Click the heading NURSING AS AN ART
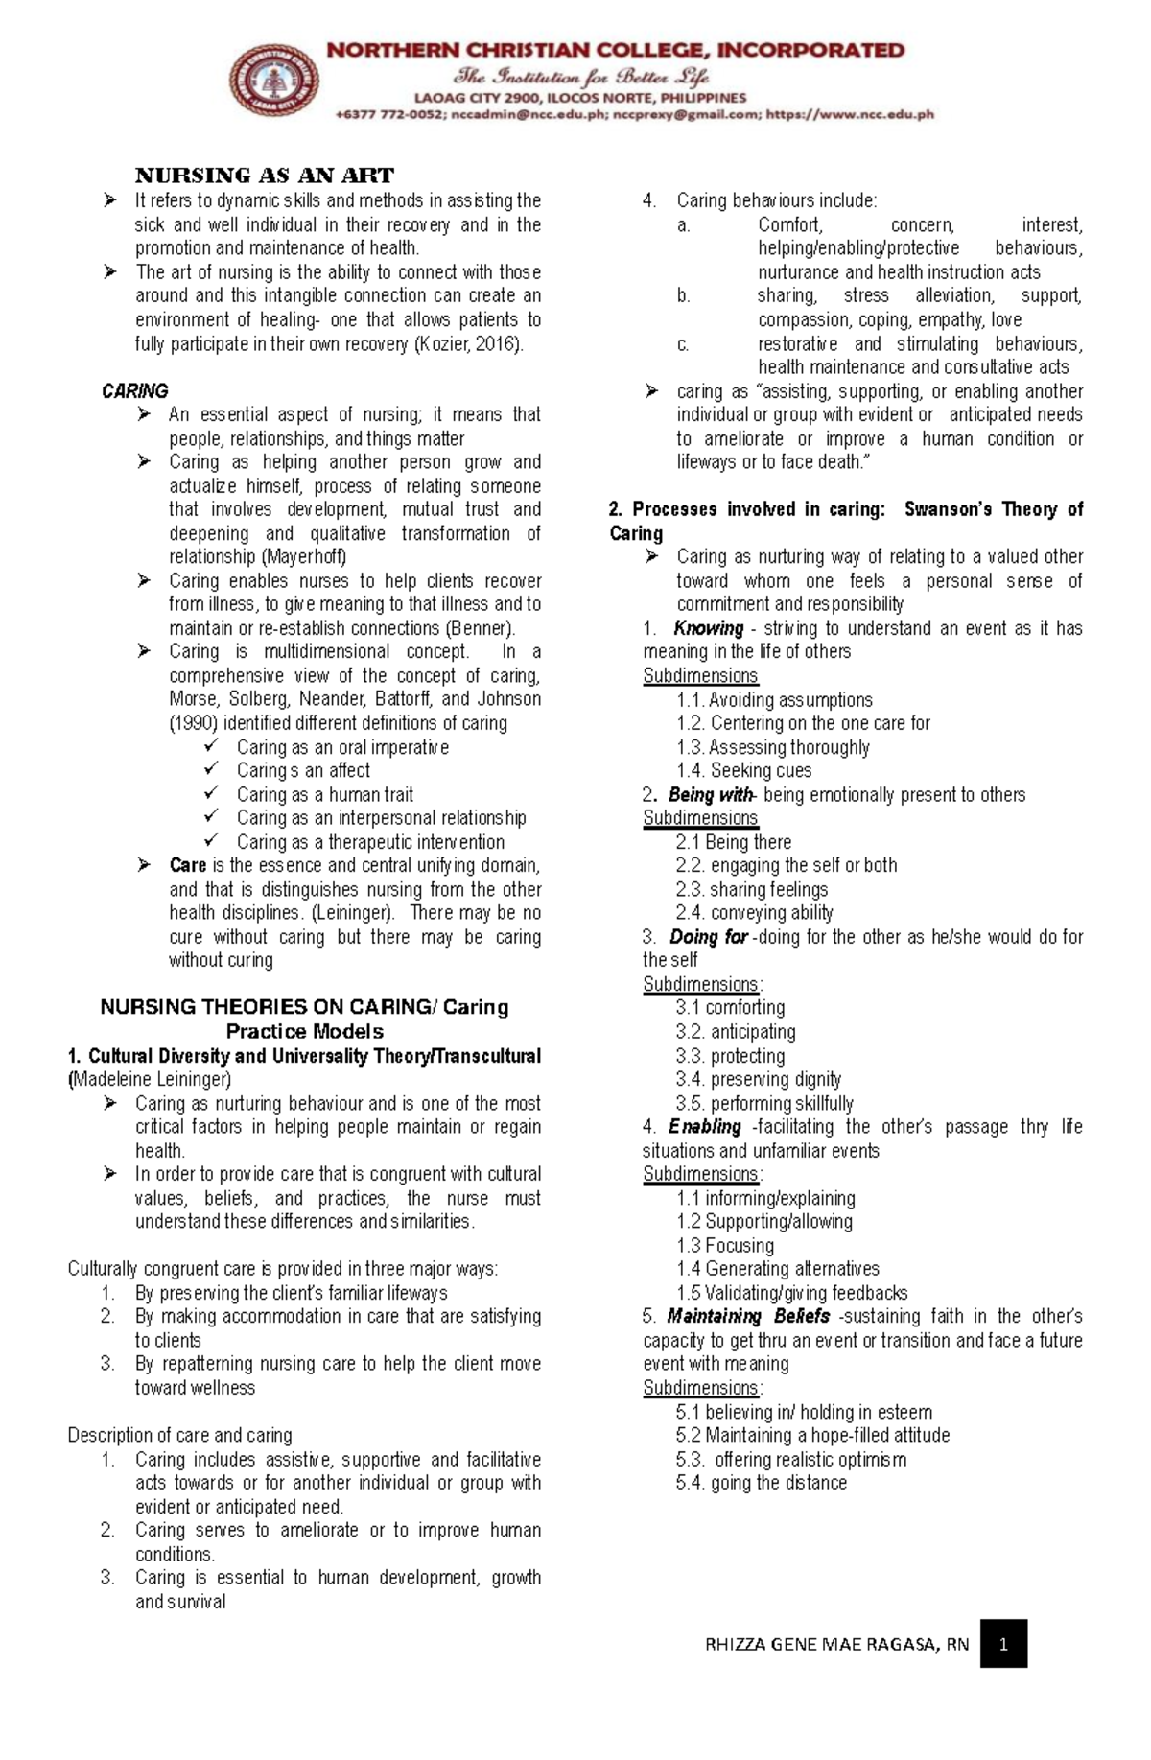264,176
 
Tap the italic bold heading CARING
134,390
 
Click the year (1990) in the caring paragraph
194,723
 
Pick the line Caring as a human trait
325,794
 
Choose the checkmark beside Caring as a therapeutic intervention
211,841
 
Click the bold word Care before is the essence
188,865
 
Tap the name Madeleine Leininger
152,1079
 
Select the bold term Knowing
708,628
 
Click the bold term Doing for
708,936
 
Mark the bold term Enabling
705,1126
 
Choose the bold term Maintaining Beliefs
748,1316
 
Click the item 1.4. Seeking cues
743,770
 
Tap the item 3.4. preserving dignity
758,1079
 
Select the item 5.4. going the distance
761,1482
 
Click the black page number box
1003,1644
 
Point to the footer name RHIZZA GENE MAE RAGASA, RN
836,1645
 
